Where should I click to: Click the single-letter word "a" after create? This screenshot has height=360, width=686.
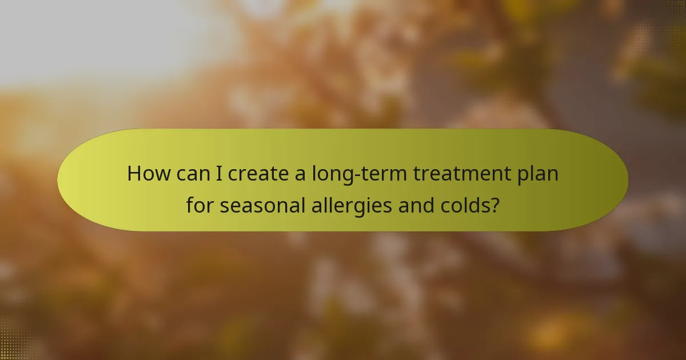300,174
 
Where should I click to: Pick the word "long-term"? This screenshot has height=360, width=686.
359,174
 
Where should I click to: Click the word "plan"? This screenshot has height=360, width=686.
537,174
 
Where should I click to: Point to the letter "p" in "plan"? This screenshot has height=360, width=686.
523,175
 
